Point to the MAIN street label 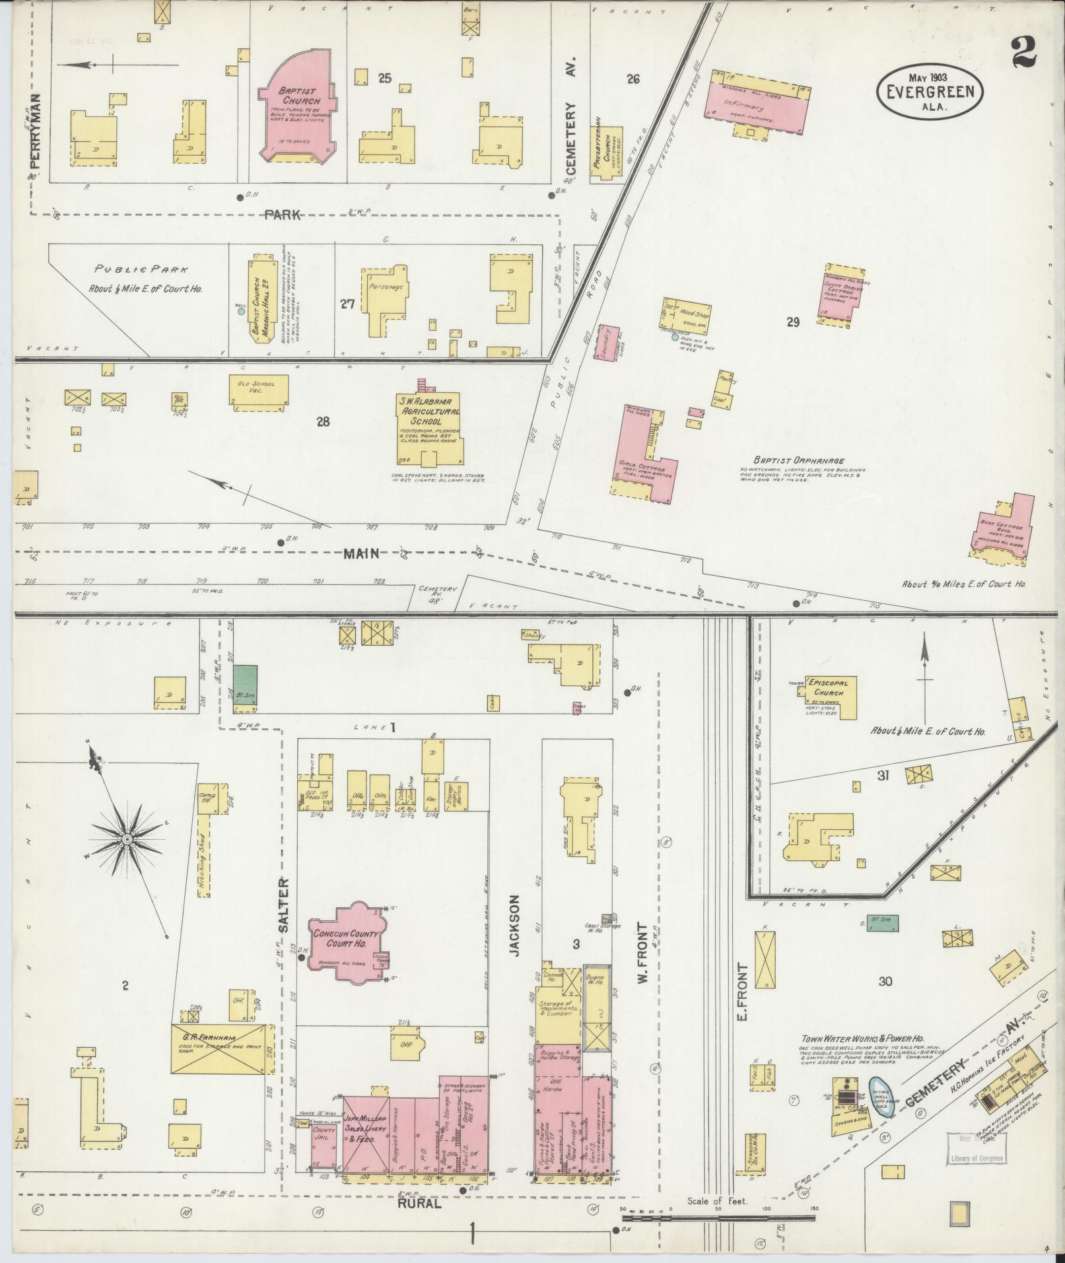pyautogui.click(x=361, y=554)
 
